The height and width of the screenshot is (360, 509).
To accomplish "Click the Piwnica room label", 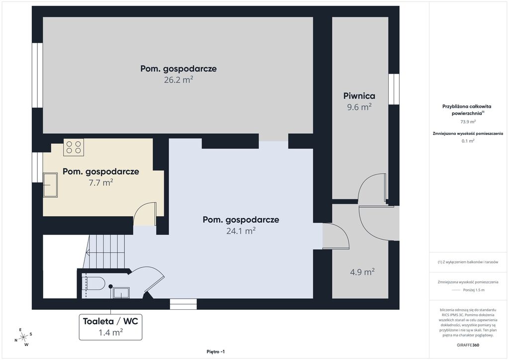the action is pos(359,96).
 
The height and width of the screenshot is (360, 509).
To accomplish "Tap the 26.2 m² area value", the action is pos(178,80).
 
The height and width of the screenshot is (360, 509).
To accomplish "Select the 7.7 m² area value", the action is pos(101,182).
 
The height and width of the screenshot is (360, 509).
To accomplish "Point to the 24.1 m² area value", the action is pos(241,231).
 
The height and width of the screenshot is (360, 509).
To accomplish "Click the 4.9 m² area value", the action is pos(362,271).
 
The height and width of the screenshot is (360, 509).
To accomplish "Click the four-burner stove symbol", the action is pos(74,147).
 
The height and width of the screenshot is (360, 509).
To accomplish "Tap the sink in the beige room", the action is pos(50,184).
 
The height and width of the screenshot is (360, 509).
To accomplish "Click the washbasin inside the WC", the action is pos(121,292).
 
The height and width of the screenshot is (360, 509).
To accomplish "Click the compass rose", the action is pos(23,338).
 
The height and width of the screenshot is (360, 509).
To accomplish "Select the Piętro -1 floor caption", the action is pos(216,352).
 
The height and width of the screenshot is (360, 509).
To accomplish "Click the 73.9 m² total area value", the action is pos(468,122).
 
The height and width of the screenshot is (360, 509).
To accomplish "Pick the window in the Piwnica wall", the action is pos(394,89).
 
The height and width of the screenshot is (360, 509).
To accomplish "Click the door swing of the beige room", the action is pos(145,214).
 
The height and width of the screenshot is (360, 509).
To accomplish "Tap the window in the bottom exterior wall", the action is pos(183,304).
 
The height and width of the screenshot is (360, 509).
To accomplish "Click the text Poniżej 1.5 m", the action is pos(474,290).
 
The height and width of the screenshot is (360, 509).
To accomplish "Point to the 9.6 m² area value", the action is pos(359,107).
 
